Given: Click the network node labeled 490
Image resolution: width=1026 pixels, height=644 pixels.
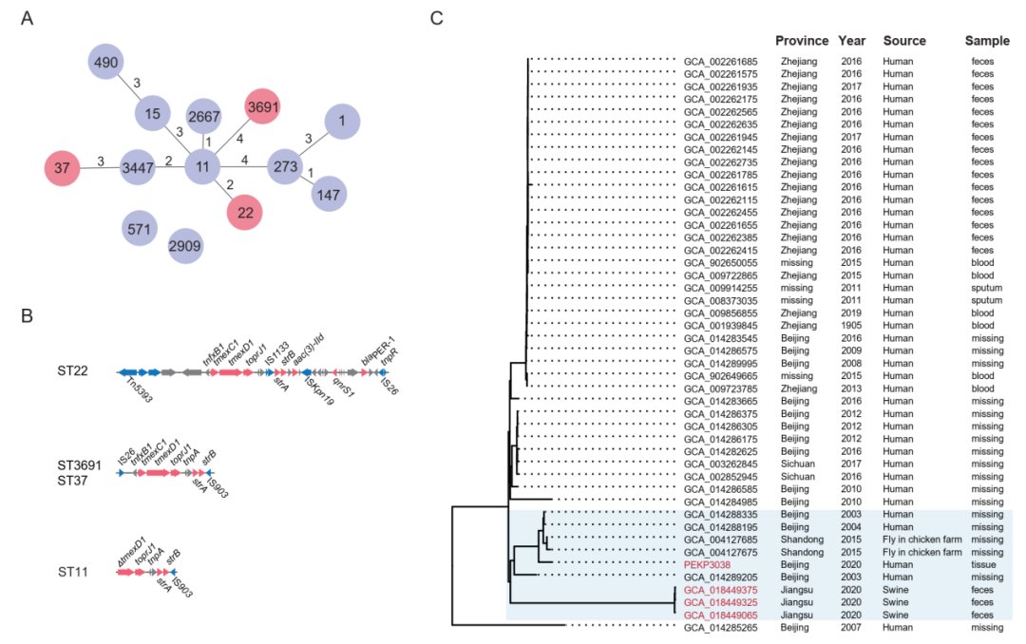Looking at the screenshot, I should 106,64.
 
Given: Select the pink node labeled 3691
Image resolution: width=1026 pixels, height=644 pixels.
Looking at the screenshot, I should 264,107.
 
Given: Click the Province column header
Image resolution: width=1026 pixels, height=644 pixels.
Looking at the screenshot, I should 803,41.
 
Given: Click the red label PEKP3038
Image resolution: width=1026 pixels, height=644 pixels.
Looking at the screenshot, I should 708,564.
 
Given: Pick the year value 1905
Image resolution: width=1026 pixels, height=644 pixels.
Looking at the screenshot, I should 851,325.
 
